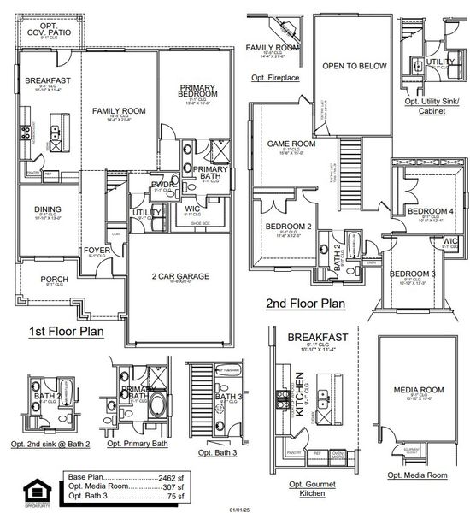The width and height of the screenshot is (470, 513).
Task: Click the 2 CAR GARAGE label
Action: [180, 275]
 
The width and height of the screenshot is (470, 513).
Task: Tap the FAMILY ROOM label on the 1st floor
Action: [119, 111]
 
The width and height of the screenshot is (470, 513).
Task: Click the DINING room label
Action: [47, 209]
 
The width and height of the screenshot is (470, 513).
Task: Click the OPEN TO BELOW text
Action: [353, 66]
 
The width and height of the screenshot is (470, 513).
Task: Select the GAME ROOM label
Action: [291, 144]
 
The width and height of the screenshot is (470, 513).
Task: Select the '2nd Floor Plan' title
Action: [304, 303]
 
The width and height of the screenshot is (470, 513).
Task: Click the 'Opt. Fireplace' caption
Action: [274, 78]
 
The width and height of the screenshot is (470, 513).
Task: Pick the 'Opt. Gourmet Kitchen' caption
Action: [310, 489]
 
